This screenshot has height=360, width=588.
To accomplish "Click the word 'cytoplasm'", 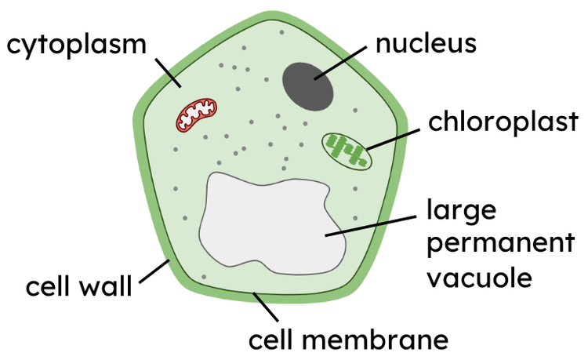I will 77,45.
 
